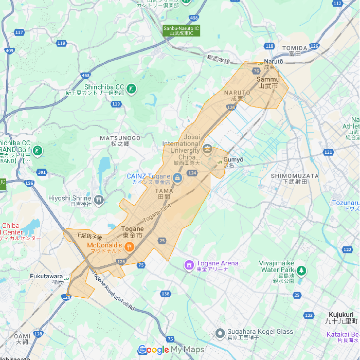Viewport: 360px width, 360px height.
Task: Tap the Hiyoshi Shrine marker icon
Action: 98,200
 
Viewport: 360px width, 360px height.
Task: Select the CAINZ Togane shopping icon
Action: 177,178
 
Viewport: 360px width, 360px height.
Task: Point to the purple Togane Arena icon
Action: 189,265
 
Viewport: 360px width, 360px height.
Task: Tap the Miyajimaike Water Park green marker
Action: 301,271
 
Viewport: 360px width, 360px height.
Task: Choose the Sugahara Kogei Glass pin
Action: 220,333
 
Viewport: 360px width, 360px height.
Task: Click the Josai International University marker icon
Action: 207,149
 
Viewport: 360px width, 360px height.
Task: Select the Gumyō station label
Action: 232,160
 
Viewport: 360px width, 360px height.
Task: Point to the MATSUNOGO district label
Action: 120,138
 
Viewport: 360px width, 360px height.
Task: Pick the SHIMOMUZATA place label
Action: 295,176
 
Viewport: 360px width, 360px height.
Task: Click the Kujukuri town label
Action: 341,314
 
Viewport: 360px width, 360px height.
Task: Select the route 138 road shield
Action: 165,294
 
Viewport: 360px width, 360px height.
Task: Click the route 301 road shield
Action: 42,172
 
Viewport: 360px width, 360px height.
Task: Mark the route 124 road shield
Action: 192,173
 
